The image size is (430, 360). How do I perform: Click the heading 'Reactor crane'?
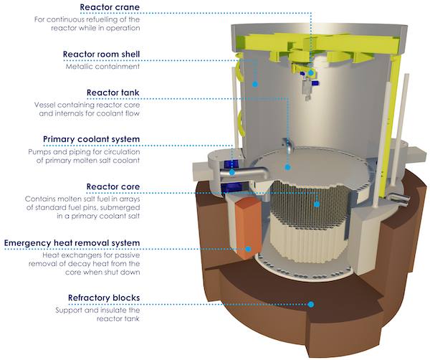111,8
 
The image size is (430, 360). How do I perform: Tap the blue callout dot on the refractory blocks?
311,303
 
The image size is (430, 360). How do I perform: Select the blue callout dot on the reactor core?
316,204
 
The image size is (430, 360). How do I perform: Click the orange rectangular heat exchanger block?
242,222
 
